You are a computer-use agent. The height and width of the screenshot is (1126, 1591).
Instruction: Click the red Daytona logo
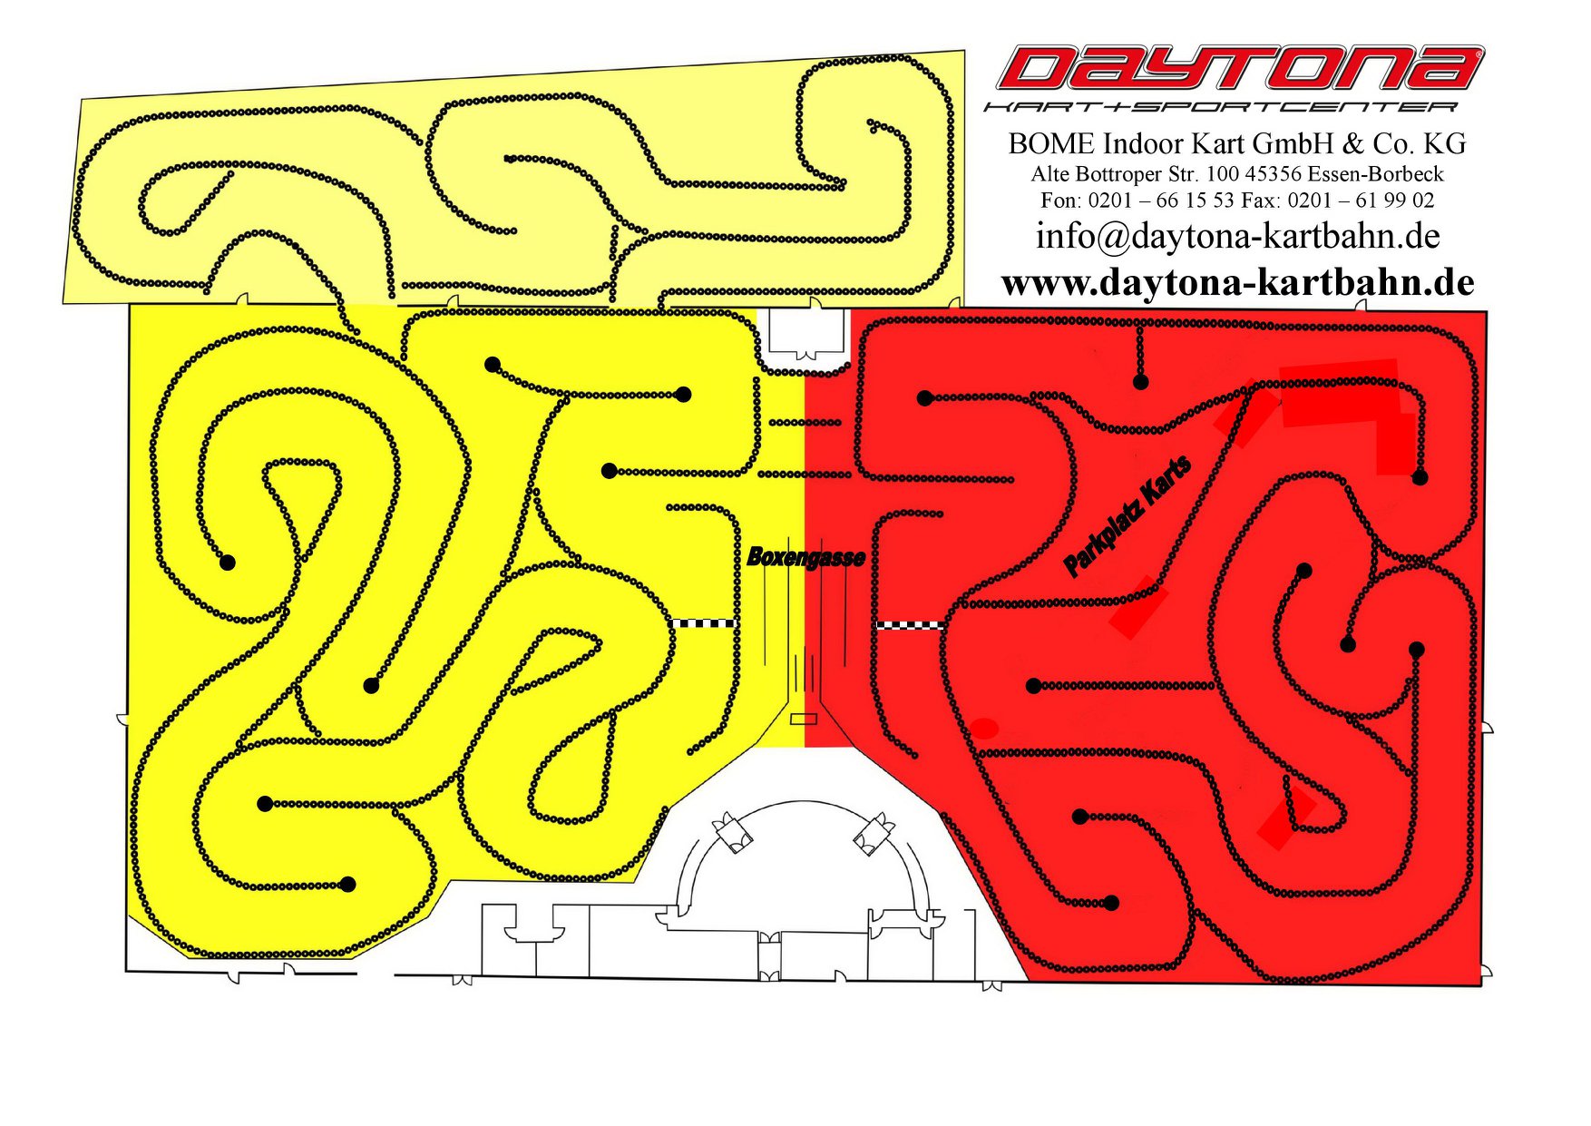click(x=1239, y=68)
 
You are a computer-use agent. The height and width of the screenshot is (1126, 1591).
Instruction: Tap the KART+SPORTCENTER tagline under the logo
click(x=1221, y=107)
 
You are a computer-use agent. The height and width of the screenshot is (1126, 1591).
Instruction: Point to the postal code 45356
click(x=1275, y=173)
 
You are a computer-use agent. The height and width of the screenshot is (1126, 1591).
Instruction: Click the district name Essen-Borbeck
click(x=1378, y=173)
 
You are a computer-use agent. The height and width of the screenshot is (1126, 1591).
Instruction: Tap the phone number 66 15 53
click(x=1194, y=201)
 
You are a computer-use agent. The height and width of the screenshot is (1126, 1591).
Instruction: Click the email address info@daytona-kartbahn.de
click(x=1238, y=236)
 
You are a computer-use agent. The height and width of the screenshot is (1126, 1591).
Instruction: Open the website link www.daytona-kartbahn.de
click(x=1238, y=283)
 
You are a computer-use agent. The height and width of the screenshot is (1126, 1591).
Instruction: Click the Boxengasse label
click(x=805, y=557)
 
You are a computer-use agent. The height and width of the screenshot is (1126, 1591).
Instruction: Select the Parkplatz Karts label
click(x=1127, y=516)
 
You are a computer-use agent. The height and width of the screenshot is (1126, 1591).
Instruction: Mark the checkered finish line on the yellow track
click(x=703, y=623)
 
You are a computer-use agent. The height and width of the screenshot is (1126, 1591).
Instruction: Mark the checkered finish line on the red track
click(x=911, y=625)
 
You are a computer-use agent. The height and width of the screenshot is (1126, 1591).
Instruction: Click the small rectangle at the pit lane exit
click(x=804, y=719)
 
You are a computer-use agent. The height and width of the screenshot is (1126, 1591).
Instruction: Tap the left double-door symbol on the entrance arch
click(x=731, y=832)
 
